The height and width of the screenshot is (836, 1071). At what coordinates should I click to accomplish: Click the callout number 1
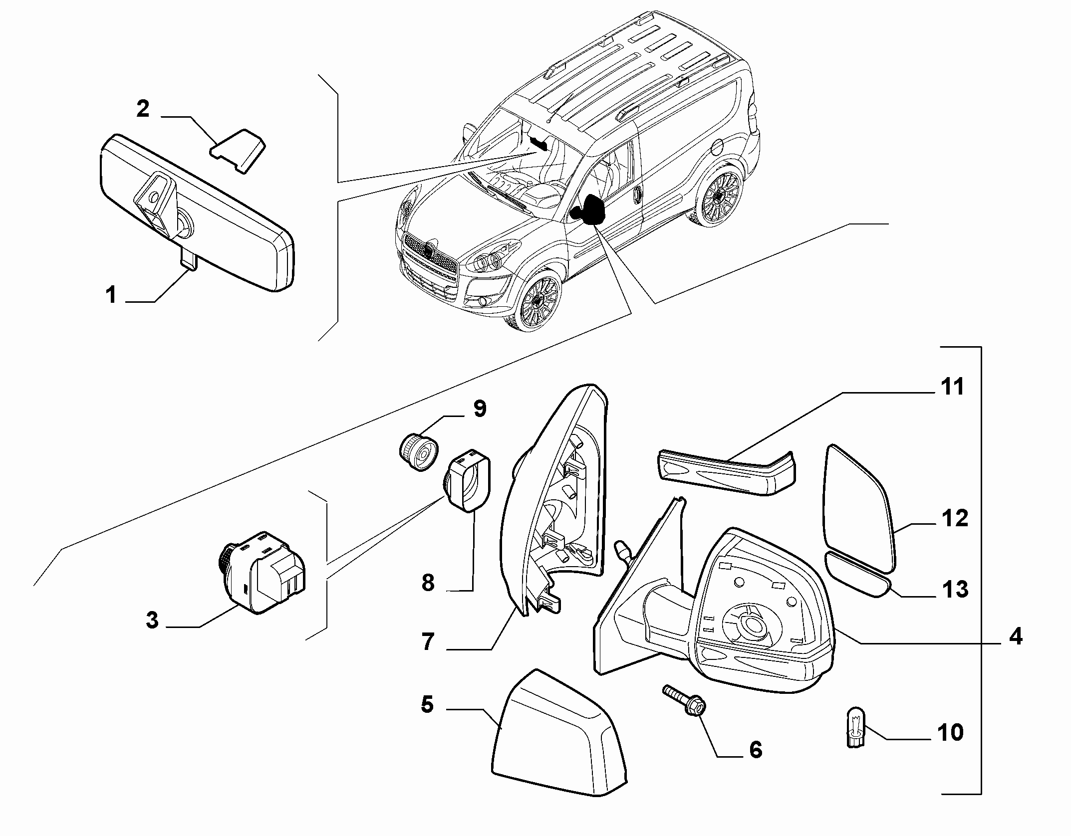tap(111, 295)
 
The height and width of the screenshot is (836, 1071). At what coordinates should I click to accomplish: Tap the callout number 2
tap(143, 109)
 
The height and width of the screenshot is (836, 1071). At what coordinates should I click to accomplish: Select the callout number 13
tap(954, 589)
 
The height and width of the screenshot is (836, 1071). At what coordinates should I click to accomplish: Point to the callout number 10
tap(950, 733)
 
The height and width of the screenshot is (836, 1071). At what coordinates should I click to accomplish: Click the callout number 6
tap(756, 750)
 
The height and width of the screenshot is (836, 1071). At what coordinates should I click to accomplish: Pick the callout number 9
tap(479, 409)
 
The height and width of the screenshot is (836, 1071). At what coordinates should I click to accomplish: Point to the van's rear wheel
tap(720, 197)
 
